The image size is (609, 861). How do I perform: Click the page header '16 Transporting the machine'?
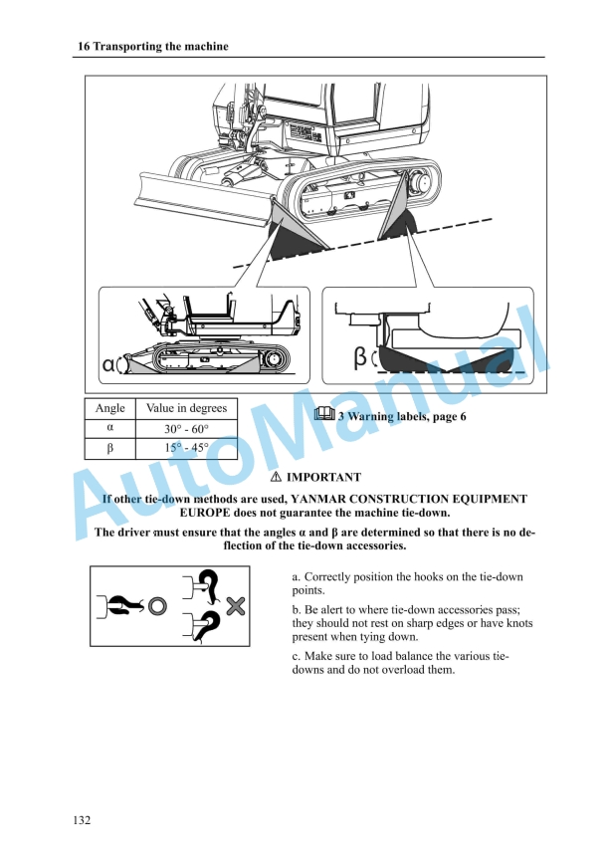coord(152,47)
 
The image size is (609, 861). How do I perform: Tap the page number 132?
coord(83,820)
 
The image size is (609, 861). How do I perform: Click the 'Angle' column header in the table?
coord(109,408)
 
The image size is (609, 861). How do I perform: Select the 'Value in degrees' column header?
coord(186,408)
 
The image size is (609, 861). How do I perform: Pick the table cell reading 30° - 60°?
coord(186,429)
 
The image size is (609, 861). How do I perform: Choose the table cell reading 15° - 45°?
coord(186,448)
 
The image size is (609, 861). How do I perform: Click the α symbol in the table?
coord(109,429)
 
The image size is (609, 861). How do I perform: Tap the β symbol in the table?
coord(109,448)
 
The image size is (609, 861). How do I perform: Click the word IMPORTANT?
coord(323,478)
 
